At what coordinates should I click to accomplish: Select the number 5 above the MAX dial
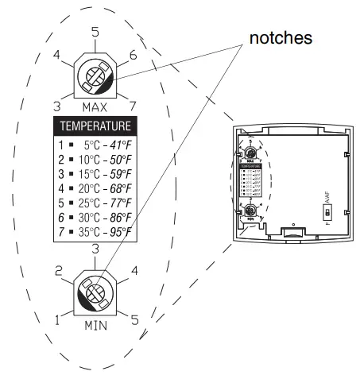coord(95,33)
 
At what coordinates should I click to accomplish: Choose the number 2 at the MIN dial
coord(58,271)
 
